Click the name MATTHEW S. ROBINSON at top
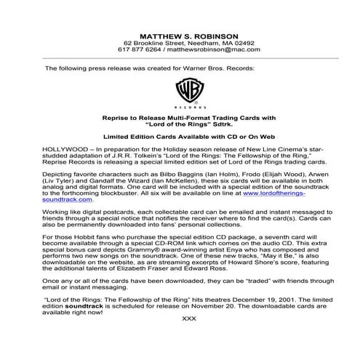(180, 34)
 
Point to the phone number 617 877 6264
(140, 50)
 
